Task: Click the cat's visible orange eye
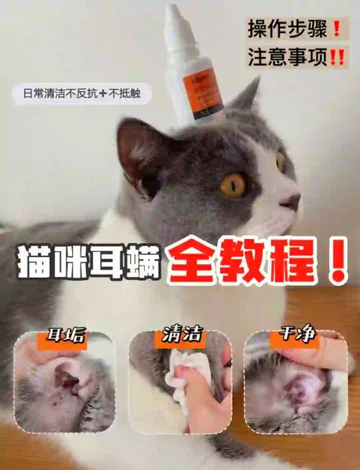coord(233,185)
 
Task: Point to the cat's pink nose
coord(291,202)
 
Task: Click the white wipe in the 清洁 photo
coord(181,381)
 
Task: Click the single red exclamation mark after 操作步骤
coord(336,30)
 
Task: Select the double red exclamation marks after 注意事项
coord(336,56)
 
